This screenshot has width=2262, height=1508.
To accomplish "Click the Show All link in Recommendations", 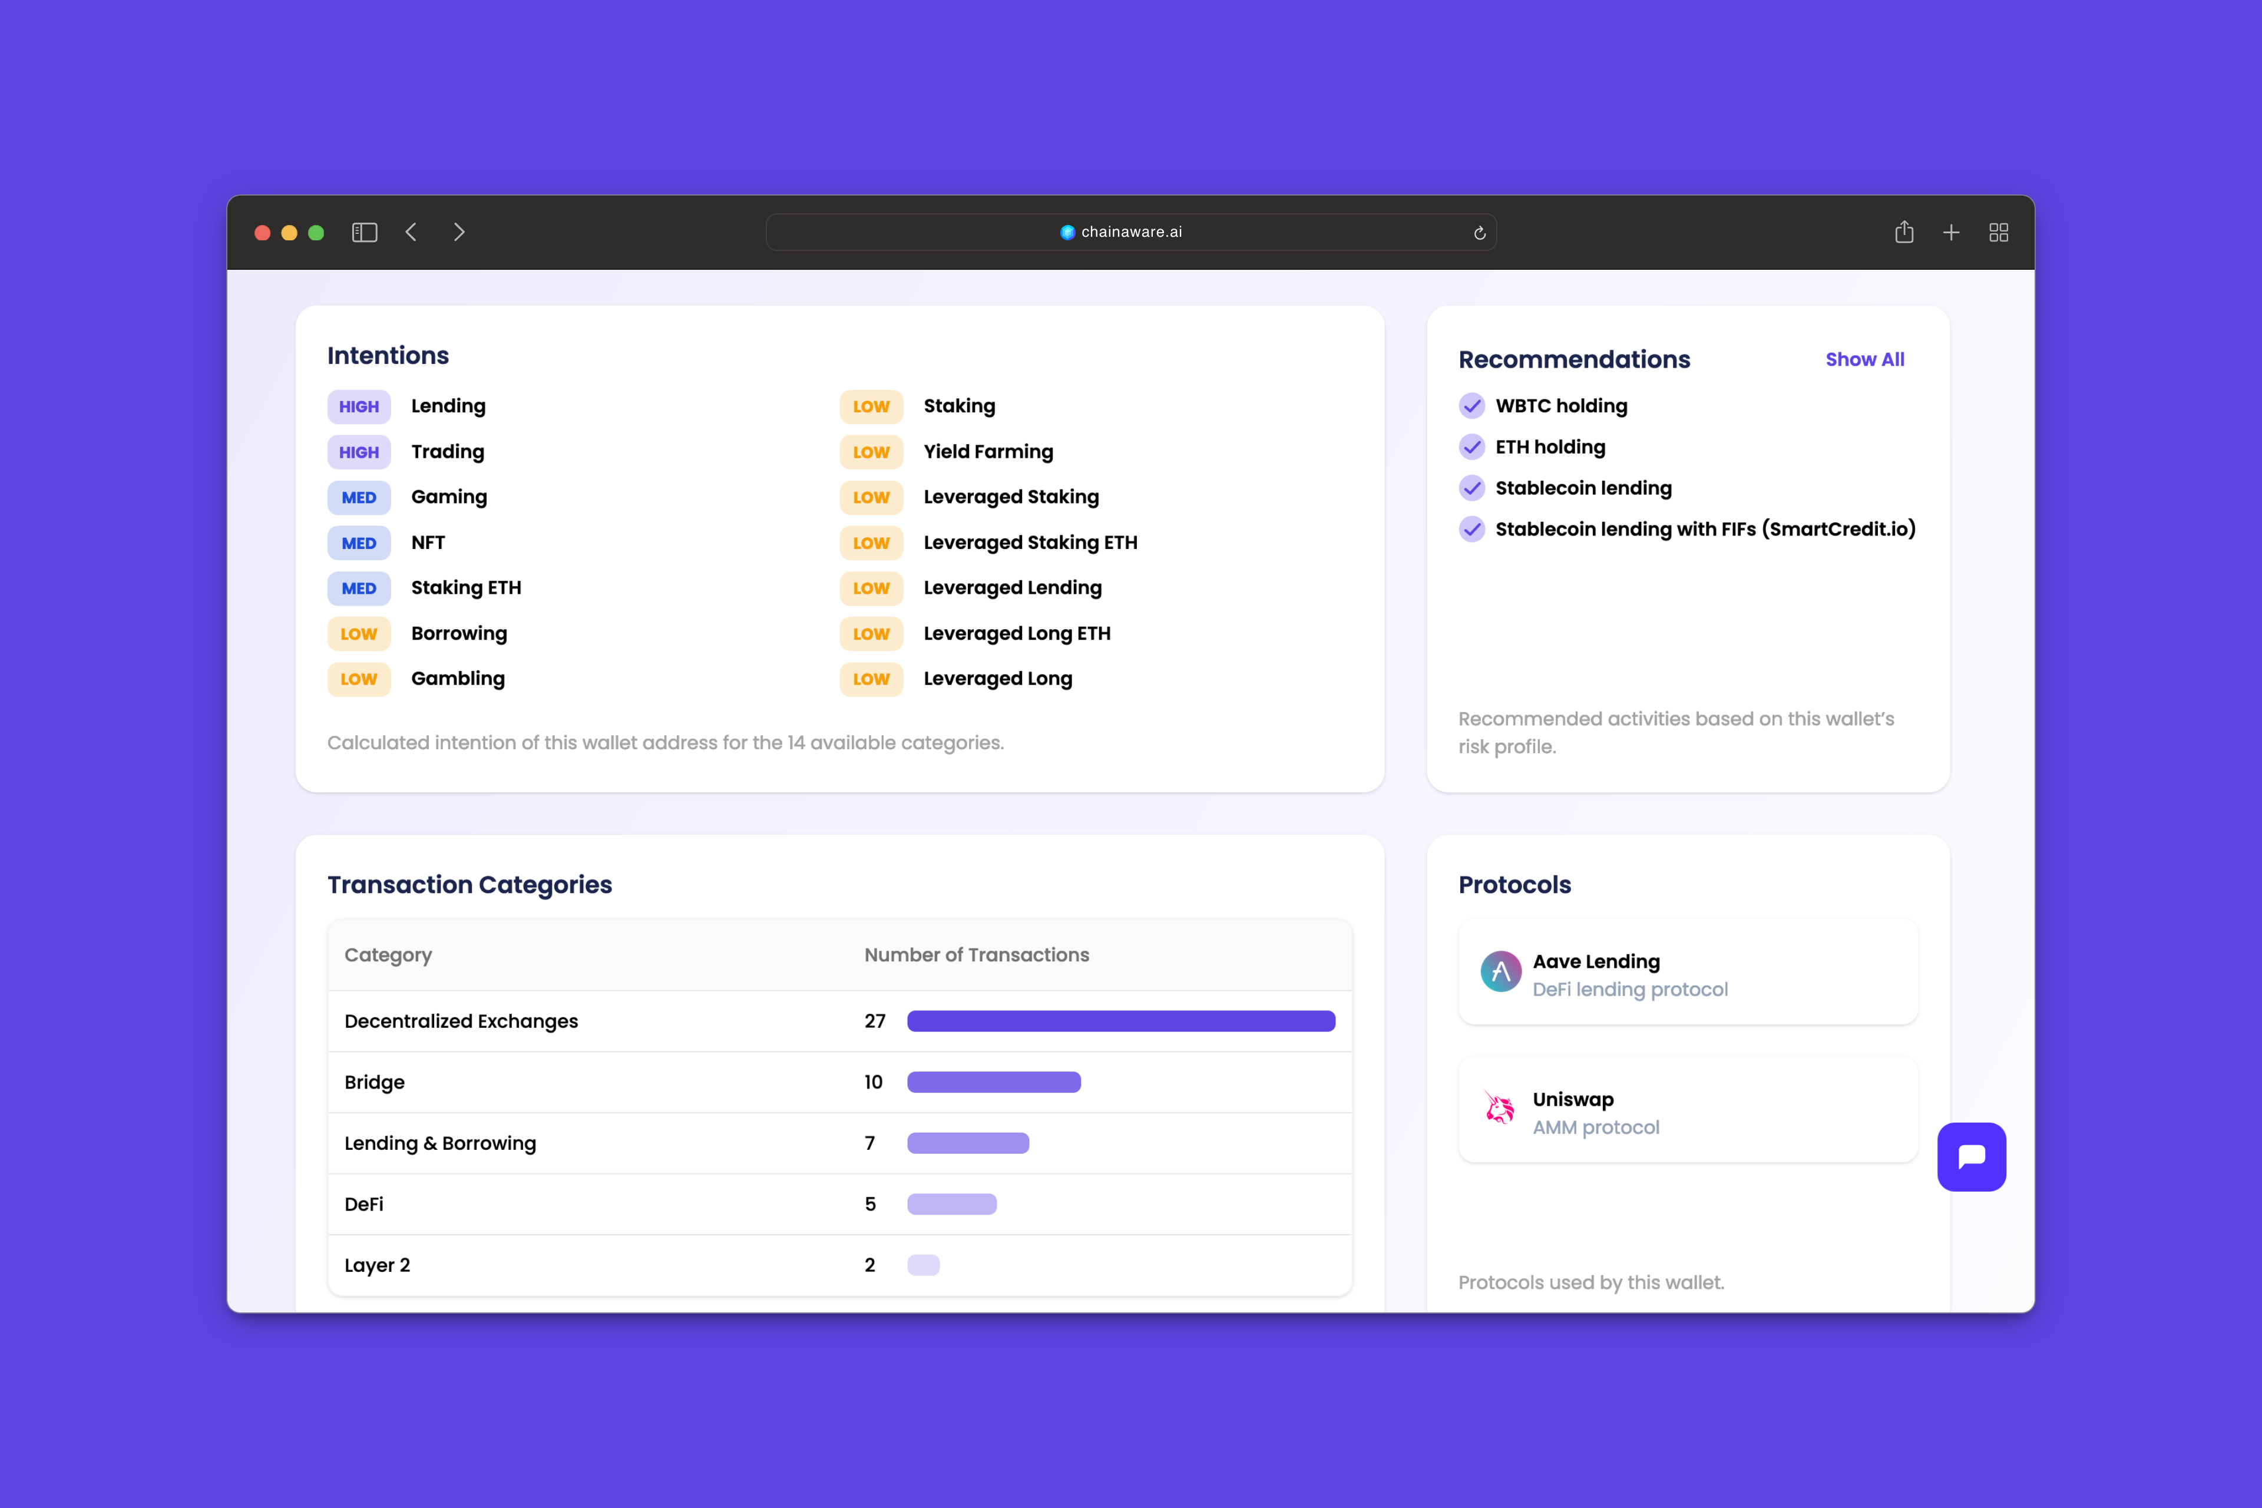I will tap(1864, 360).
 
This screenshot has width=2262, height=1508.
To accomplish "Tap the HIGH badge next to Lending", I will tap(359, 407).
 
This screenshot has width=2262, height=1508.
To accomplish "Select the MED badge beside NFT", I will tap(359, 543).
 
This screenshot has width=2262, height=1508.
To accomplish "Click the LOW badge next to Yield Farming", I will tap(871, 452).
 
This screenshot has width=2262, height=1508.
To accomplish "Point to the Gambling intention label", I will tap(458, 679).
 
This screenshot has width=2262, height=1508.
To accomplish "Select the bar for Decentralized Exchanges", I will tap(1120, 1021).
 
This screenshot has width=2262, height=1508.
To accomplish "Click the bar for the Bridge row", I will tap(994, 1082).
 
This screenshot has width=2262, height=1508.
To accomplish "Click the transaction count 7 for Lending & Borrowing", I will tap(869, 1143).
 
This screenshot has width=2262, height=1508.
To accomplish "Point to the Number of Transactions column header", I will tap(976, 955).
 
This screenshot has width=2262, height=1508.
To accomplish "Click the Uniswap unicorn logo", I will tap(1499, 1109).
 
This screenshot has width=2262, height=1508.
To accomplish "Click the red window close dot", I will tap(262, 233).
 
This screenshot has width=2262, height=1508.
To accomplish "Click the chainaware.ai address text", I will tap(1131, 232).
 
